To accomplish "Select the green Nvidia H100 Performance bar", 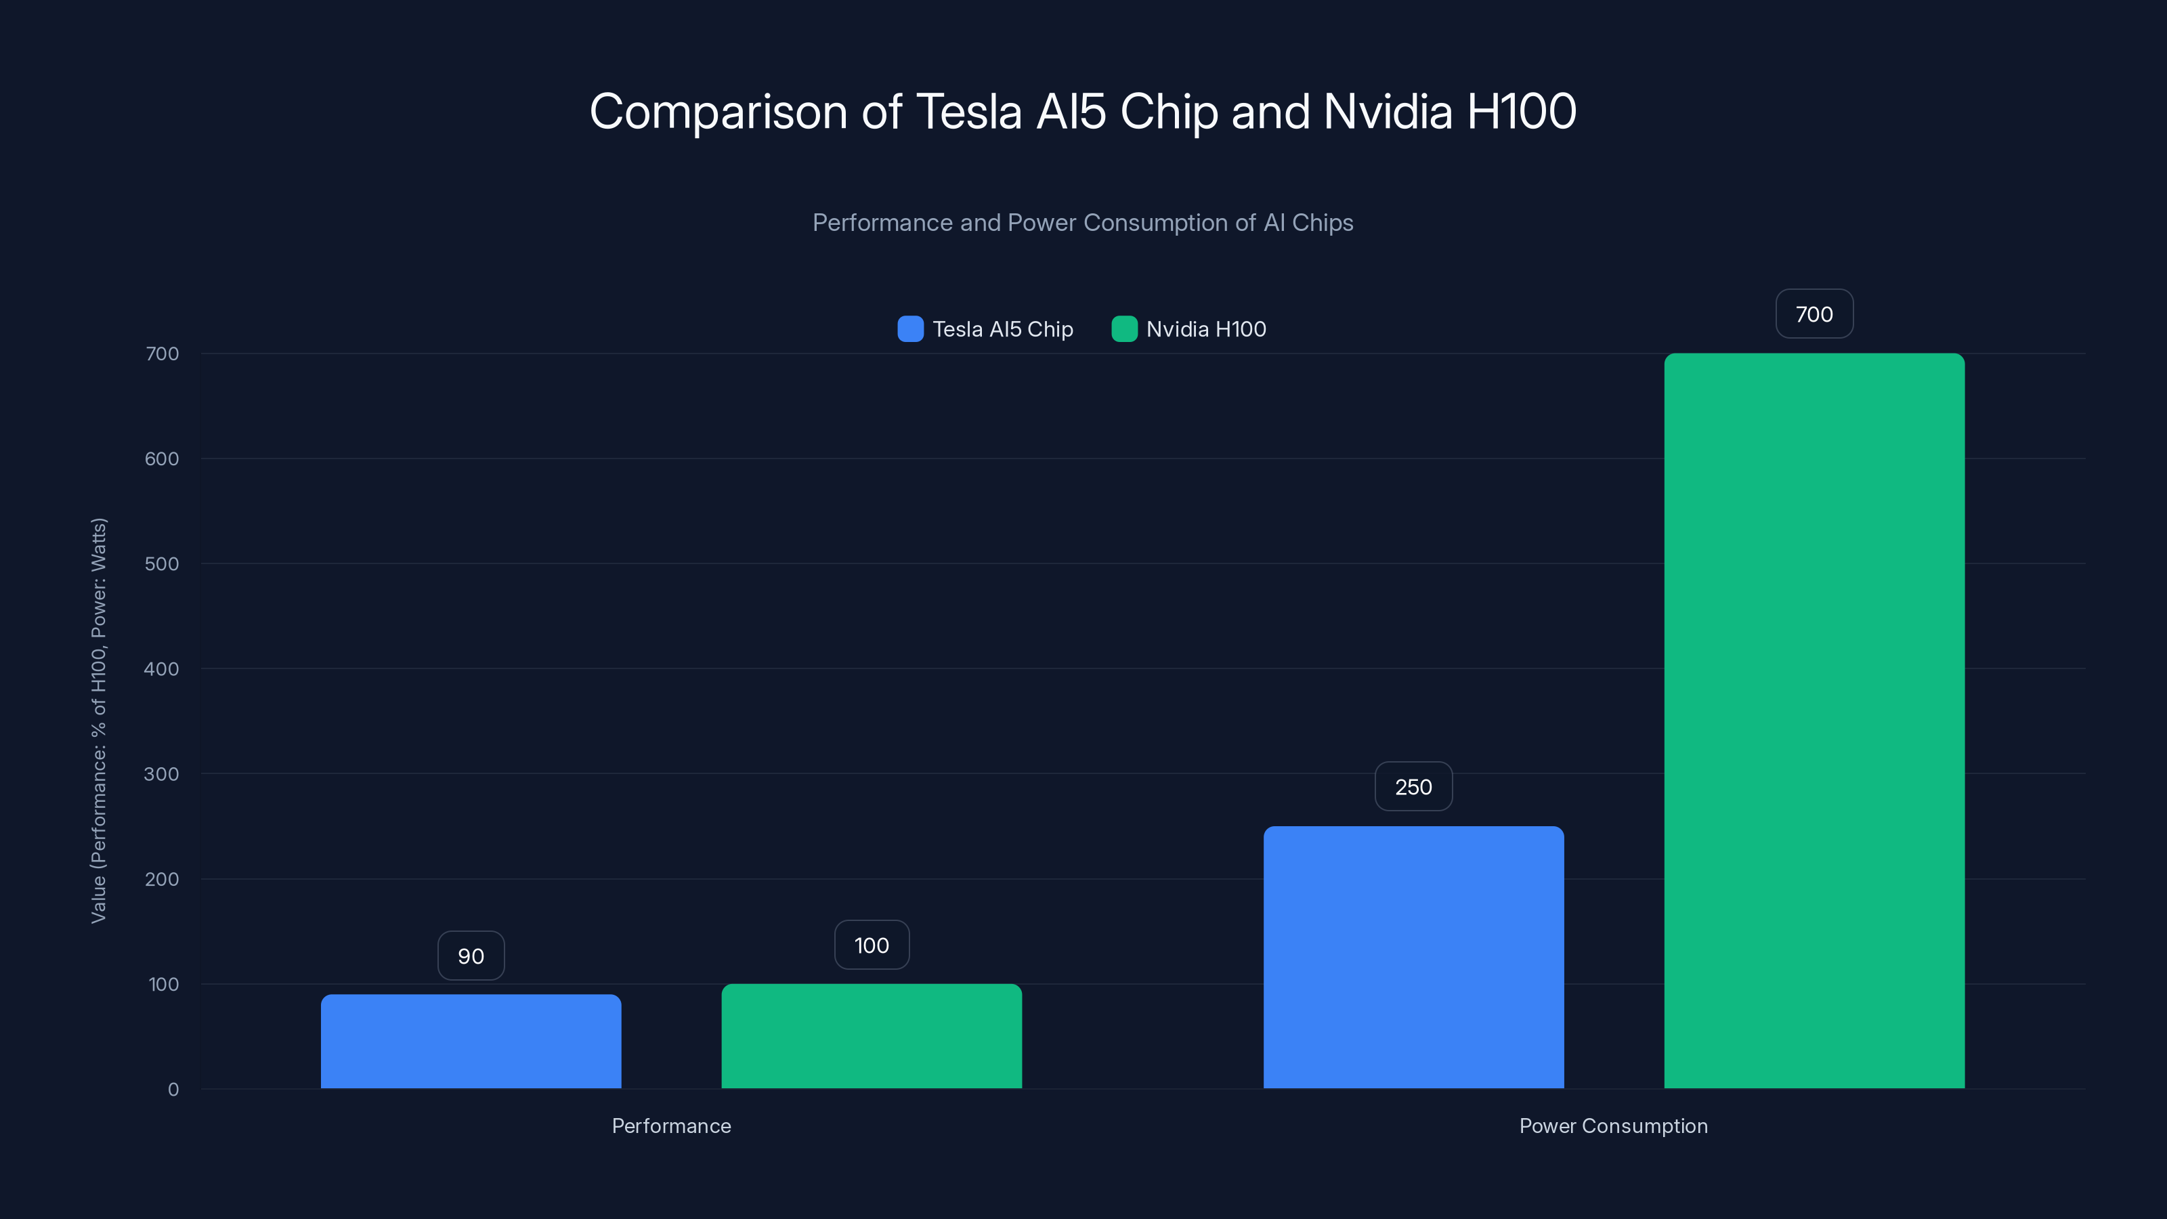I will pos(872,1035).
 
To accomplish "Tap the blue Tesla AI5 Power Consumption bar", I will pos(1413,958).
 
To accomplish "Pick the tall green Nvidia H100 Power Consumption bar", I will pos(1814,721).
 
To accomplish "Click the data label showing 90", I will pos(471,956).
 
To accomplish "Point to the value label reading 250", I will pos(1413,786).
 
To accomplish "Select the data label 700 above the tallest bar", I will pos(1814,314).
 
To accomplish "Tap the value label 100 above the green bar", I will pos(872,945).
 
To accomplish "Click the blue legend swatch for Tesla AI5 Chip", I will pos(910,329).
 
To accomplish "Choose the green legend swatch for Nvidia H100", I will pos(1124,329).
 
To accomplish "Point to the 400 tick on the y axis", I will pos(162,669).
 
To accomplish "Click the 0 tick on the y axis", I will pos(173,1090).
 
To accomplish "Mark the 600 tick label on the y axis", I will pos(162,458).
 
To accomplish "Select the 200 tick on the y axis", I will pos(162,879).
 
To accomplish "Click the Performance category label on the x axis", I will pos(671,1126).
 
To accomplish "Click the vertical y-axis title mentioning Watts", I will pos(98,721).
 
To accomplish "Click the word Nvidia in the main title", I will pos(1387,112).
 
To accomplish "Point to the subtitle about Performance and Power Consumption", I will pos(1083,223).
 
